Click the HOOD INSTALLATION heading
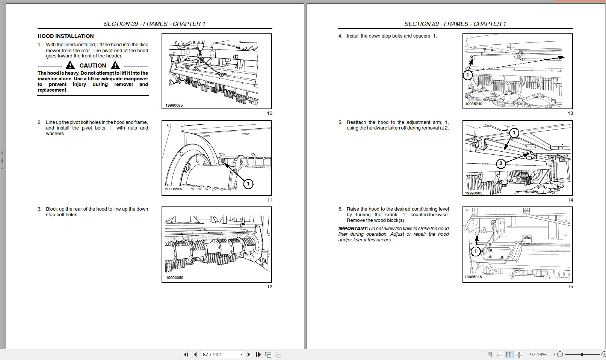pos(65,36)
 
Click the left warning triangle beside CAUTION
pos(70,65)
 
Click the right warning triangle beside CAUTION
pos(115,65)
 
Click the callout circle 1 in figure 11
pos(248,184)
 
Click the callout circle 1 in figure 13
pos(467,75)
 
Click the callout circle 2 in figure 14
pos(500,163)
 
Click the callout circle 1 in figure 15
pos(475,251)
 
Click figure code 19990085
pos(174,105)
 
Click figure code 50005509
pos(174,189)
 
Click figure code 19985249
pos(473,104)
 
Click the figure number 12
pos(269,287)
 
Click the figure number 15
pos(570,287)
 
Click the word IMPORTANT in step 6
pos(352,229)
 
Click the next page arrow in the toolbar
pos(249,354)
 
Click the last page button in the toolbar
pos(258,354)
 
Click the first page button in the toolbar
pos(186,354)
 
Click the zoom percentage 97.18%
pos(538,354)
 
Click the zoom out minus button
pos(560,354)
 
